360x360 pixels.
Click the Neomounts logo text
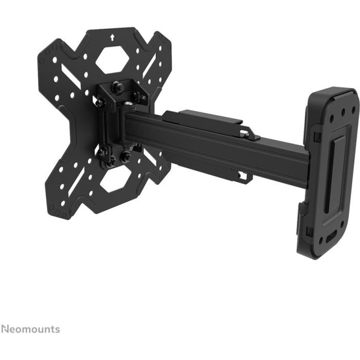pyautogui.click(x=30, y=329)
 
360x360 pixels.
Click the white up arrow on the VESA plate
pyautogui.click(x=112, y=38)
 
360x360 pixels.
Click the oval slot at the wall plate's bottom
pyautogui.click(x=330, y=240)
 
